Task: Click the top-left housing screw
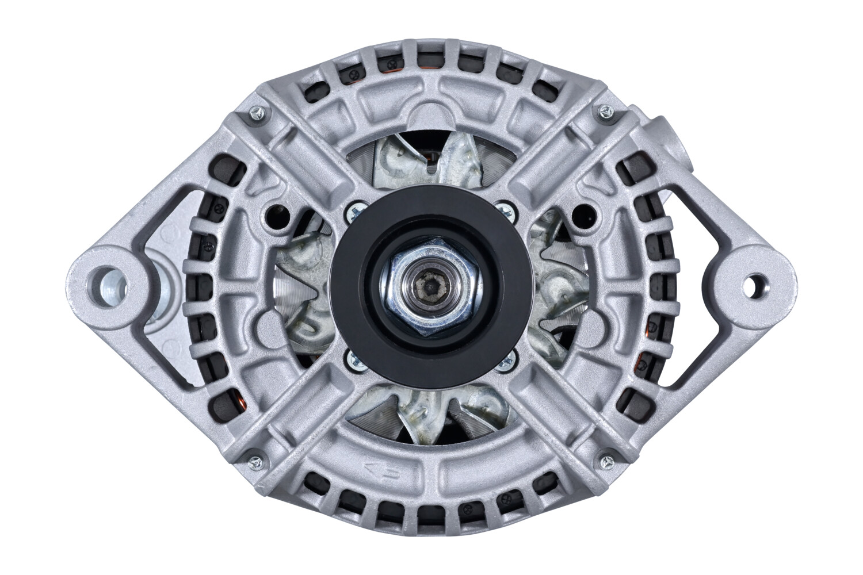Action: click(257, 113)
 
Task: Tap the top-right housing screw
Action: click(605, 110)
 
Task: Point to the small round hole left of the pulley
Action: click(276, 214)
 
